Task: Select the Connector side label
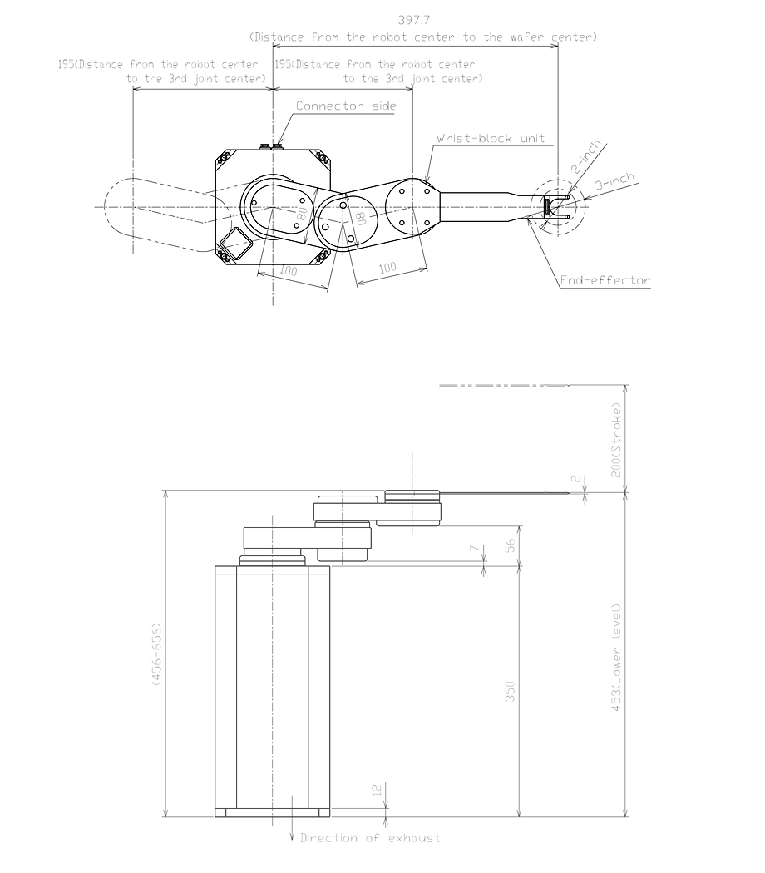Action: pos(347,106)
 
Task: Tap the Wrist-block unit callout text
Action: pos(491,138)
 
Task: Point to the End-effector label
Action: pos(605,281)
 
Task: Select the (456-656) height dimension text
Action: pos(155,654)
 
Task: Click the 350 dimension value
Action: pos(511,691)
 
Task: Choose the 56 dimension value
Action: pos(511,545)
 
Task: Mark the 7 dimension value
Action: pos(473,550)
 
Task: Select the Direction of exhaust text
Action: pos(370,838)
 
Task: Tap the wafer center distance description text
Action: pos(423,37)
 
